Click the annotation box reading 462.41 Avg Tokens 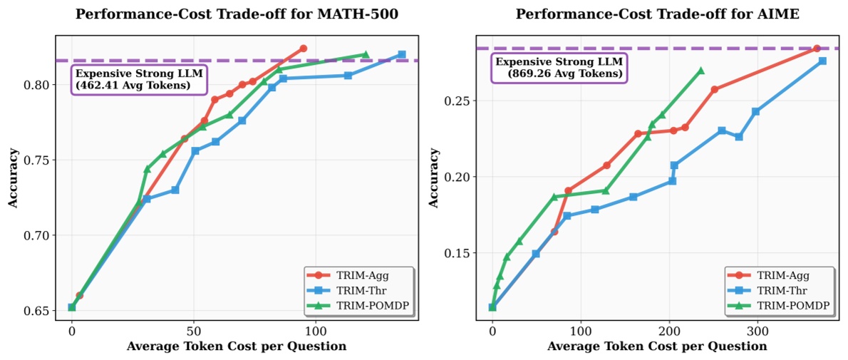133,79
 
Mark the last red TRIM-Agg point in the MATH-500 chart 303,48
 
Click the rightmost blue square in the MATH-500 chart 402,54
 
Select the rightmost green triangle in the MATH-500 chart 366,54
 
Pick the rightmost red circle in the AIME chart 817,48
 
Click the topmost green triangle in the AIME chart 700,71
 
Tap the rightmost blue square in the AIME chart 822,61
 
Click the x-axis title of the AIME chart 657,346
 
